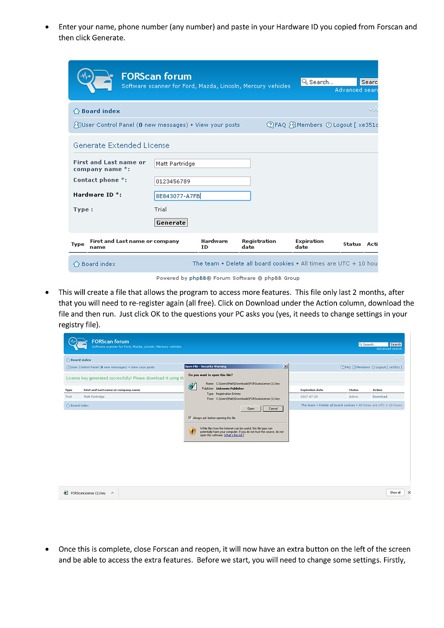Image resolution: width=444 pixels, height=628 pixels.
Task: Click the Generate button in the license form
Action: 171,223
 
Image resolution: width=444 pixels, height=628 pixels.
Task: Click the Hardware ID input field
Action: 202,196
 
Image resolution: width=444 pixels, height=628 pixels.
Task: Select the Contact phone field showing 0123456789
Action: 202,181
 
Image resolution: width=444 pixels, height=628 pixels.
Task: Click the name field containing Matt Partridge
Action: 202,163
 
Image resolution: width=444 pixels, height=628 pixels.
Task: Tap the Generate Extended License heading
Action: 121,145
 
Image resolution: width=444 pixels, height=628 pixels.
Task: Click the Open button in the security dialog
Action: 251,409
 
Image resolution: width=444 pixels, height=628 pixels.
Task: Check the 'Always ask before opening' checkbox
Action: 190,418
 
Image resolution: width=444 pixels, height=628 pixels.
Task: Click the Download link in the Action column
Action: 380,397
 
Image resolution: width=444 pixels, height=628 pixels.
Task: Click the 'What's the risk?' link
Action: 234,435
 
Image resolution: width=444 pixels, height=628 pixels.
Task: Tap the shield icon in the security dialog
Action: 193,431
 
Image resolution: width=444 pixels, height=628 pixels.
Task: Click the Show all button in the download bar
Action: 395,493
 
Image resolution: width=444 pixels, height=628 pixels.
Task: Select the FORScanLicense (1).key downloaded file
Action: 88,493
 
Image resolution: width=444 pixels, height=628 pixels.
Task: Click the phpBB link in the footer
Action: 198,278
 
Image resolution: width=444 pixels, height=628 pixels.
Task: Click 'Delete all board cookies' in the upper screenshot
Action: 260,263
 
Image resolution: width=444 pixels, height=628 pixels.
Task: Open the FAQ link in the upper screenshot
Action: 277,125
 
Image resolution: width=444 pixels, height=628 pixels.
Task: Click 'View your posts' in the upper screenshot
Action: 218,125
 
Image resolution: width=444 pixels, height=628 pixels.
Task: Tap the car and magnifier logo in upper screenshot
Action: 94,80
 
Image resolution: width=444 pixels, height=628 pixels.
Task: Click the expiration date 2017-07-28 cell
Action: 309,397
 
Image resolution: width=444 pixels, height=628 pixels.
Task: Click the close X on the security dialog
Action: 285,366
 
